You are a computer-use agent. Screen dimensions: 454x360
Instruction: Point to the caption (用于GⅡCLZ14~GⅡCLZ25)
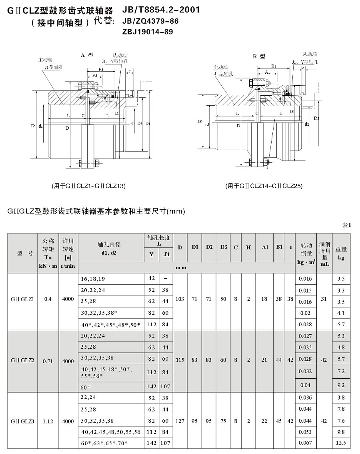coord(264,186)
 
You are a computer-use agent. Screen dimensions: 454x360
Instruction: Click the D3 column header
coord(224,247)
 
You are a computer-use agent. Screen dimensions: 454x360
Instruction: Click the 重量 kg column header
coord(341,253)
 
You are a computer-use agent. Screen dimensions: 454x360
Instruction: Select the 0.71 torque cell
coord(48,360)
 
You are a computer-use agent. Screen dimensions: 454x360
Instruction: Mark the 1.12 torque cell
coord(48,421)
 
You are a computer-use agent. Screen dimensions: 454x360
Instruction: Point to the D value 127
coord(180,421)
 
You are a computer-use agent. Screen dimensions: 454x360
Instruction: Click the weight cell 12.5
coord(341,443)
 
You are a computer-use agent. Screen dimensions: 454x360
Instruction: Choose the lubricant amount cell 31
coord(324,299)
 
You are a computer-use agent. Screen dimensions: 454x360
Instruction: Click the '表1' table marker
coord(346,225)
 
